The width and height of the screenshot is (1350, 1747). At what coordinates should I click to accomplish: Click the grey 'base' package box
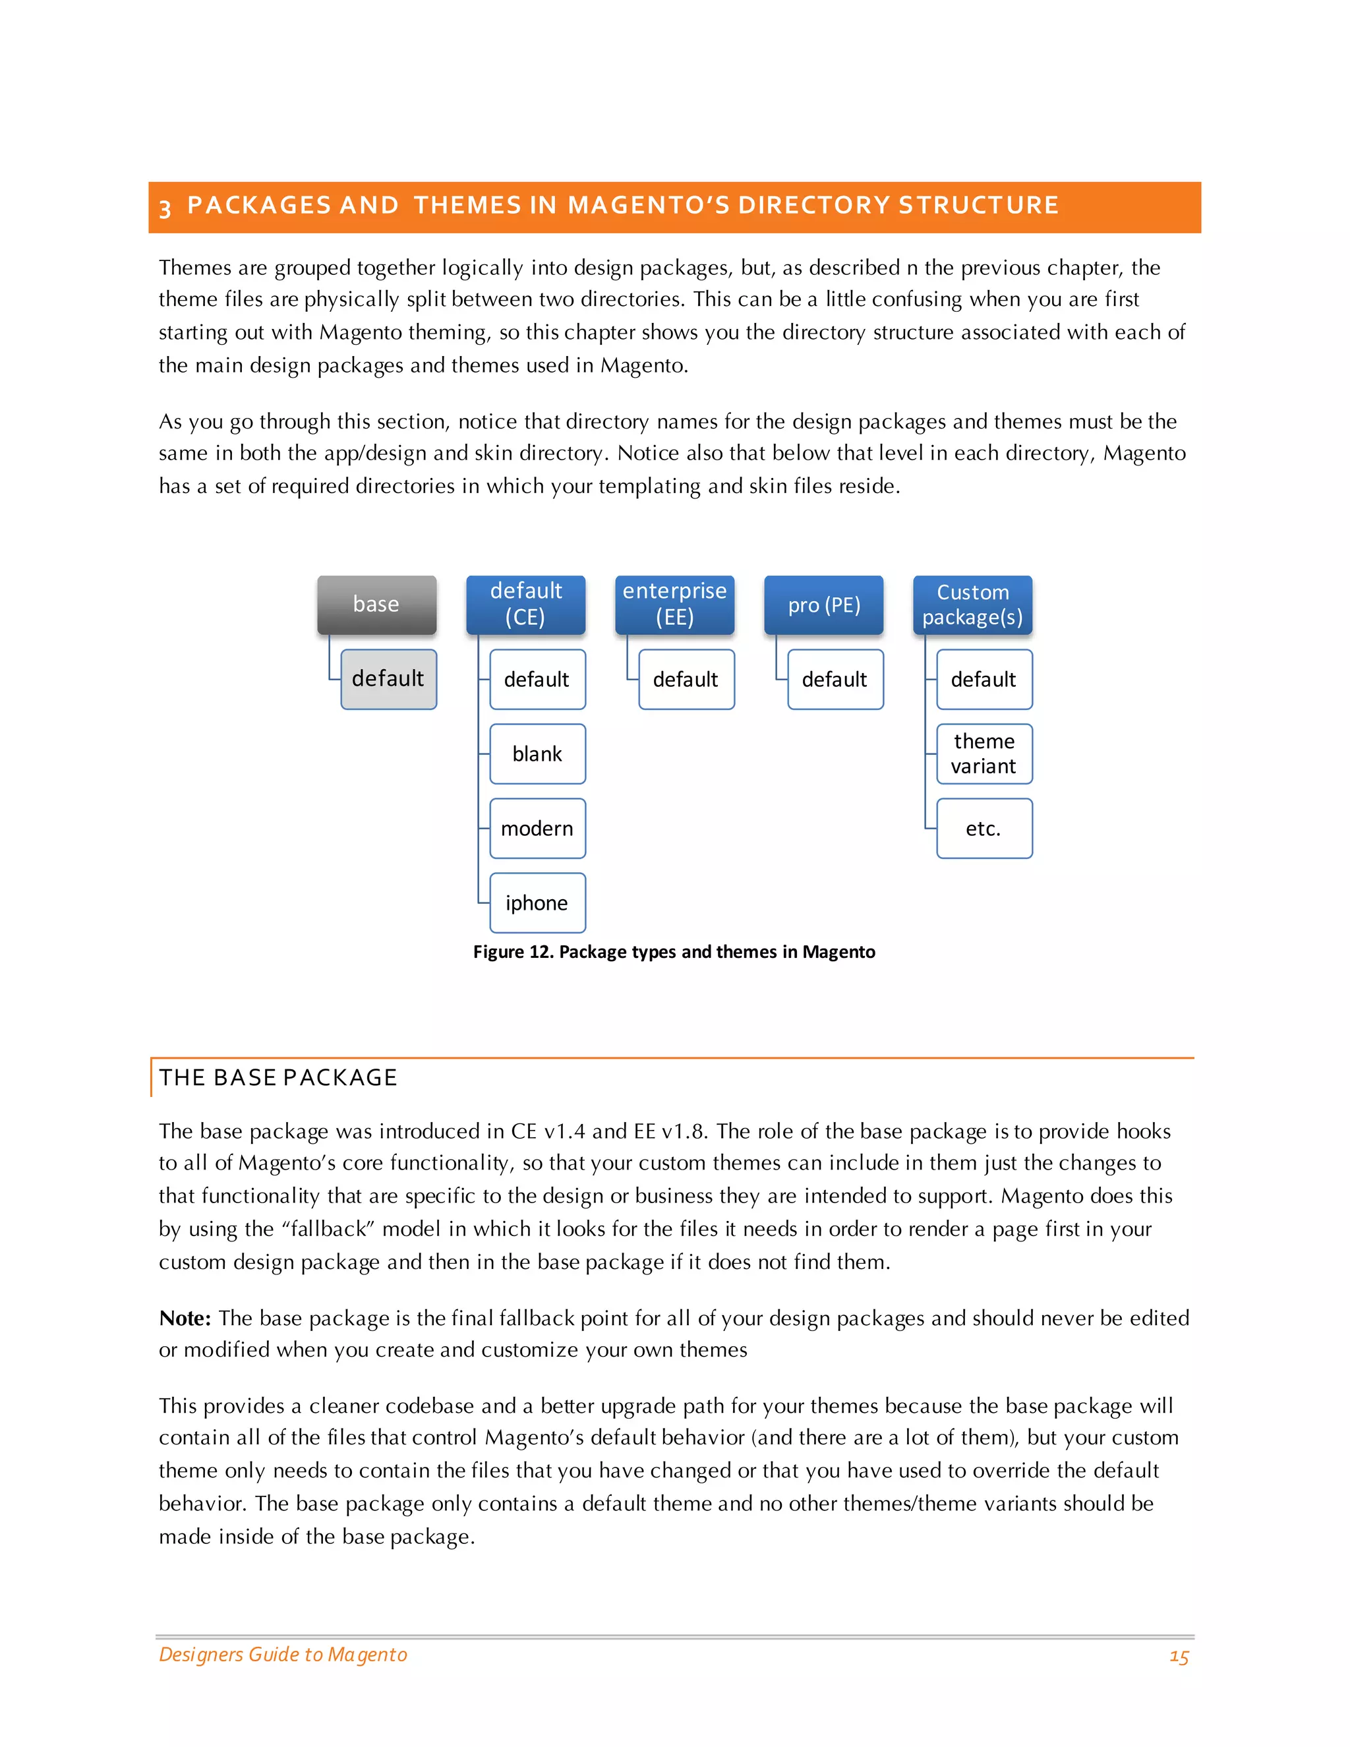coord(376,605)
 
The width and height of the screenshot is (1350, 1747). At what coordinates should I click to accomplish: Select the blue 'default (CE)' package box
coord(525,605)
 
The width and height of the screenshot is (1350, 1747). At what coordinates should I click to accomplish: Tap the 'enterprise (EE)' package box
coord(674,605)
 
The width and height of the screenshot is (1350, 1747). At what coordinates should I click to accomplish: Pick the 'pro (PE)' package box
coord(824,605)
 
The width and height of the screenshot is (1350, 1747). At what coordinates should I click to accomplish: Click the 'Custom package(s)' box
coord(972,605)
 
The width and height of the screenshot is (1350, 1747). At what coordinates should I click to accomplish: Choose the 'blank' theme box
coord(537,754)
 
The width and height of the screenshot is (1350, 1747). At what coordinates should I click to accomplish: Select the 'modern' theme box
coord(537,829)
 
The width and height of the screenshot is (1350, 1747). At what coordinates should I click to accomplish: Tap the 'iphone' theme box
coord(537,903)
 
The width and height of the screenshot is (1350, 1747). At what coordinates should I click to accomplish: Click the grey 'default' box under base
coord(389,679)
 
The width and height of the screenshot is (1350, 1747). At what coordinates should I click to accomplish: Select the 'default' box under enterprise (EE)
coord(686,680)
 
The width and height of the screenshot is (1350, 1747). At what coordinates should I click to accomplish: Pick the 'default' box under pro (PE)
coord(835,680)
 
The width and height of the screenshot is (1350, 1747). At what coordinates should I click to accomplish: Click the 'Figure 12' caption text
coord(674,952)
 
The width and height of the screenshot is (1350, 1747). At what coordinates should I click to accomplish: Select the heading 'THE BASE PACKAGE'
coord(278,1077)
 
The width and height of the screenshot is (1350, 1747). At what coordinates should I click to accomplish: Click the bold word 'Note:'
coord(185,1318)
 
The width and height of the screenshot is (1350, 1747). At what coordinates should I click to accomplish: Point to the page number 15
coord(1179,1657)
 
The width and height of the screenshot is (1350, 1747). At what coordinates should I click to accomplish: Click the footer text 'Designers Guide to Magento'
coord(283,1654)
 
